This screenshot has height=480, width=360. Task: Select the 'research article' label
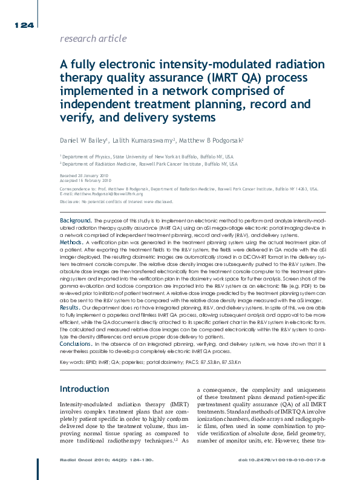click(94, 39)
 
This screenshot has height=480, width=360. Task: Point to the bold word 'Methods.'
click(71, 241)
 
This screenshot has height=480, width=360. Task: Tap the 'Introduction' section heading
click(84, 389)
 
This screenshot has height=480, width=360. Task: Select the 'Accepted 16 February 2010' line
click(85, 180)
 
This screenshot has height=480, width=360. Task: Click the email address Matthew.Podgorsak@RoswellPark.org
click(107, 193)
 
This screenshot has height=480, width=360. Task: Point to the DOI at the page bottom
click(282, 461)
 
